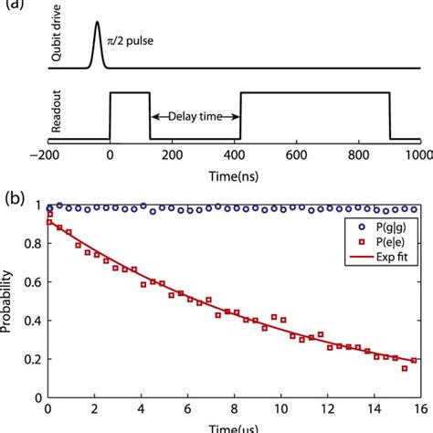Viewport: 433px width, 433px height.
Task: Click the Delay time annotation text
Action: click(195, 116)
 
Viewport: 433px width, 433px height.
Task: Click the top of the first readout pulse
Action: click(130, 92)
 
